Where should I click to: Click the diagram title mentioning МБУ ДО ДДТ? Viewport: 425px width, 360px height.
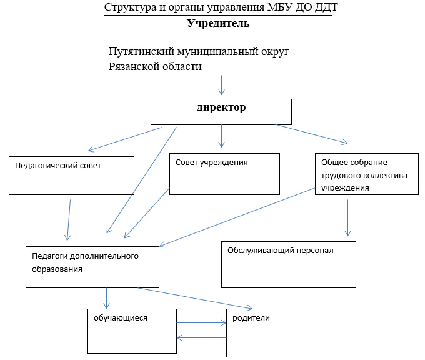(217, 7)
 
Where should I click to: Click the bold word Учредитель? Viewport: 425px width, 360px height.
(218, 24)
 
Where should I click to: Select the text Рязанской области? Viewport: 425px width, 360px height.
(155, 65)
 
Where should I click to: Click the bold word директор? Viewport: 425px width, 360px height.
(221, 107)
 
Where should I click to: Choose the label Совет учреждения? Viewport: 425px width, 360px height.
(212, 162)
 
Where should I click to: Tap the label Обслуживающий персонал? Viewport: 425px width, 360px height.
(281, 251)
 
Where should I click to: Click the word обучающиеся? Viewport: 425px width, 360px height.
(121, 318)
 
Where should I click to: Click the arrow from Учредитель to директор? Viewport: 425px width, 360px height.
(222, 84)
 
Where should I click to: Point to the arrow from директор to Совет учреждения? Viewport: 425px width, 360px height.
(221, 134)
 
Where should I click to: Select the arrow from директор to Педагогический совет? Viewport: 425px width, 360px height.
(125, 139)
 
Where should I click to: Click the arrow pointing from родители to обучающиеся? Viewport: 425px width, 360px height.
(201, 338)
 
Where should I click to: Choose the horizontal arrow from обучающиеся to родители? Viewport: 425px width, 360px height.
(201, 324)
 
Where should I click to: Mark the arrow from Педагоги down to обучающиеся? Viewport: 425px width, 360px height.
(107, 296)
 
